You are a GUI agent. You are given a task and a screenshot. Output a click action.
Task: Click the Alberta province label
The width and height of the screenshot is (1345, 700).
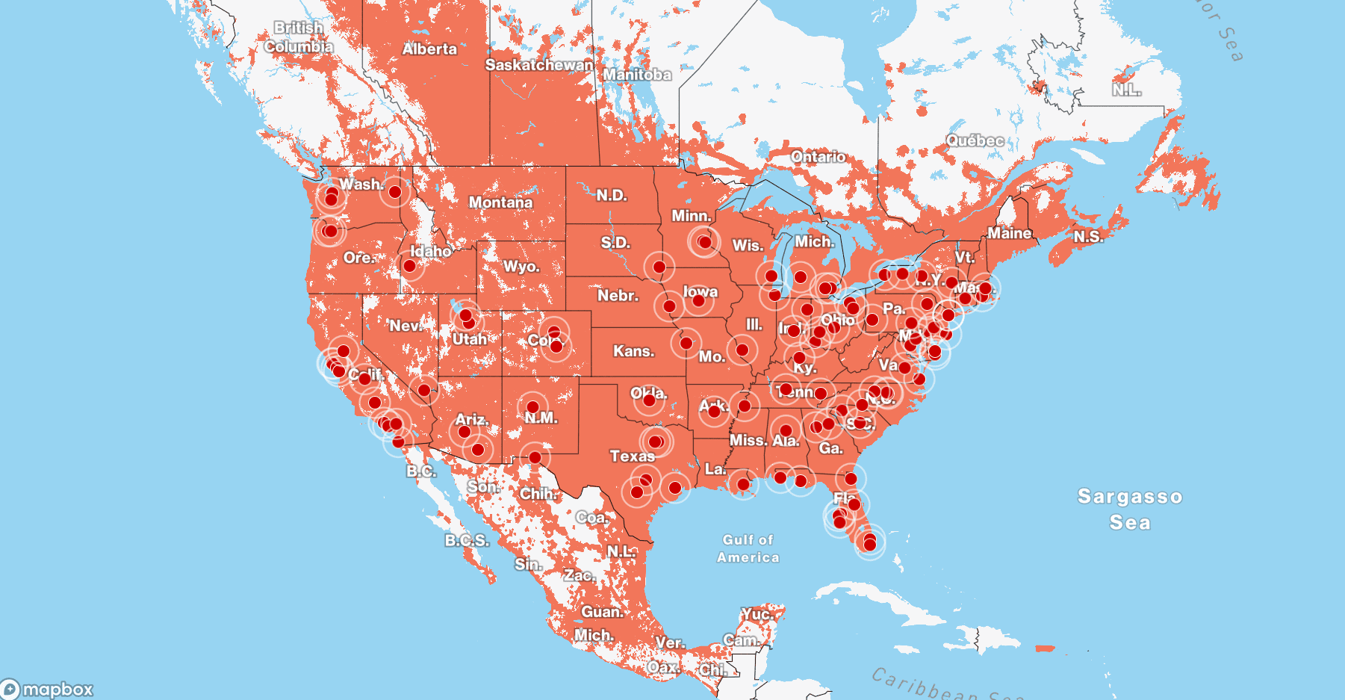[429, 49]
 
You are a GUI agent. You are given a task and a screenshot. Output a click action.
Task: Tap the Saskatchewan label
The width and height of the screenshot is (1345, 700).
[539, 65]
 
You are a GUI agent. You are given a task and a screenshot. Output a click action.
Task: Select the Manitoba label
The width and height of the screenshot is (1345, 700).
[637, 75]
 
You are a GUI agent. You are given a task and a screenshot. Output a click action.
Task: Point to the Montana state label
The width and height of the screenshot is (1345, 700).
[500, 202]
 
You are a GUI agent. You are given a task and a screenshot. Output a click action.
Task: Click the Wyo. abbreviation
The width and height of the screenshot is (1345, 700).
[521, 267]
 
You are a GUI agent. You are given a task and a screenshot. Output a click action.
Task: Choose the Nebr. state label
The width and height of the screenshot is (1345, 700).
[618, 296]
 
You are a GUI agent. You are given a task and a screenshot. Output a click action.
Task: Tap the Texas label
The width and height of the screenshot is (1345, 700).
[632, 456]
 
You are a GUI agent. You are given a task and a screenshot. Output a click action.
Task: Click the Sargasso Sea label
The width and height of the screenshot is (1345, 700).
[1129, 509]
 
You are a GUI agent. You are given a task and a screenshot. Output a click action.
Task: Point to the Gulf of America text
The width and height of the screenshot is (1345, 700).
[748, 548]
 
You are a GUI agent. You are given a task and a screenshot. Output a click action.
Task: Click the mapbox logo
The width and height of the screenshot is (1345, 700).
[48, 689]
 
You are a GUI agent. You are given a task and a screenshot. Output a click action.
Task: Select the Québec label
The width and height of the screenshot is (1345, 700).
[975, 140]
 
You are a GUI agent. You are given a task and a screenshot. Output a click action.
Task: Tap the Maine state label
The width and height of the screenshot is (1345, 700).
[1009, 233]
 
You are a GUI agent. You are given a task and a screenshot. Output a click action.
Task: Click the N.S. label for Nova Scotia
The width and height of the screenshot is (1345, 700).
[1088, 237]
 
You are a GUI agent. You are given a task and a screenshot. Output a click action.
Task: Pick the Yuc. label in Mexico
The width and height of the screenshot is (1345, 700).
[757, 614]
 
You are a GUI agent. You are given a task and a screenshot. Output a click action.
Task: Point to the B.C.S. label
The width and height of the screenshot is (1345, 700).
[467, 540]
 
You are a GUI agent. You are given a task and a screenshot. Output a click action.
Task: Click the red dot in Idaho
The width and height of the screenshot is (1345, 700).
[409, 266]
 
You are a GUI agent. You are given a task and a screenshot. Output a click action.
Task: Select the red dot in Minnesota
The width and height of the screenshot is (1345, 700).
[704, 242]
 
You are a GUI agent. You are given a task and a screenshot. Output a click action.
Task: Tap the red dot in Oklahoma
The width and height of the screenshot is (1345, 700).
[649, 401]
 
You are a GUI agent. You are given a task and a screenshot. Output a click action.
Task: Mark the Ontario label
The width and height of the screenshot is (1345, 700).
[819, 157]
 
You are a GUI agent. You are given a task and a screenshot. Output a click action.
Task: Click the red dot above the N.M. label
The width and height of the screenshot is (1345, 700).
[532, 407]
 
